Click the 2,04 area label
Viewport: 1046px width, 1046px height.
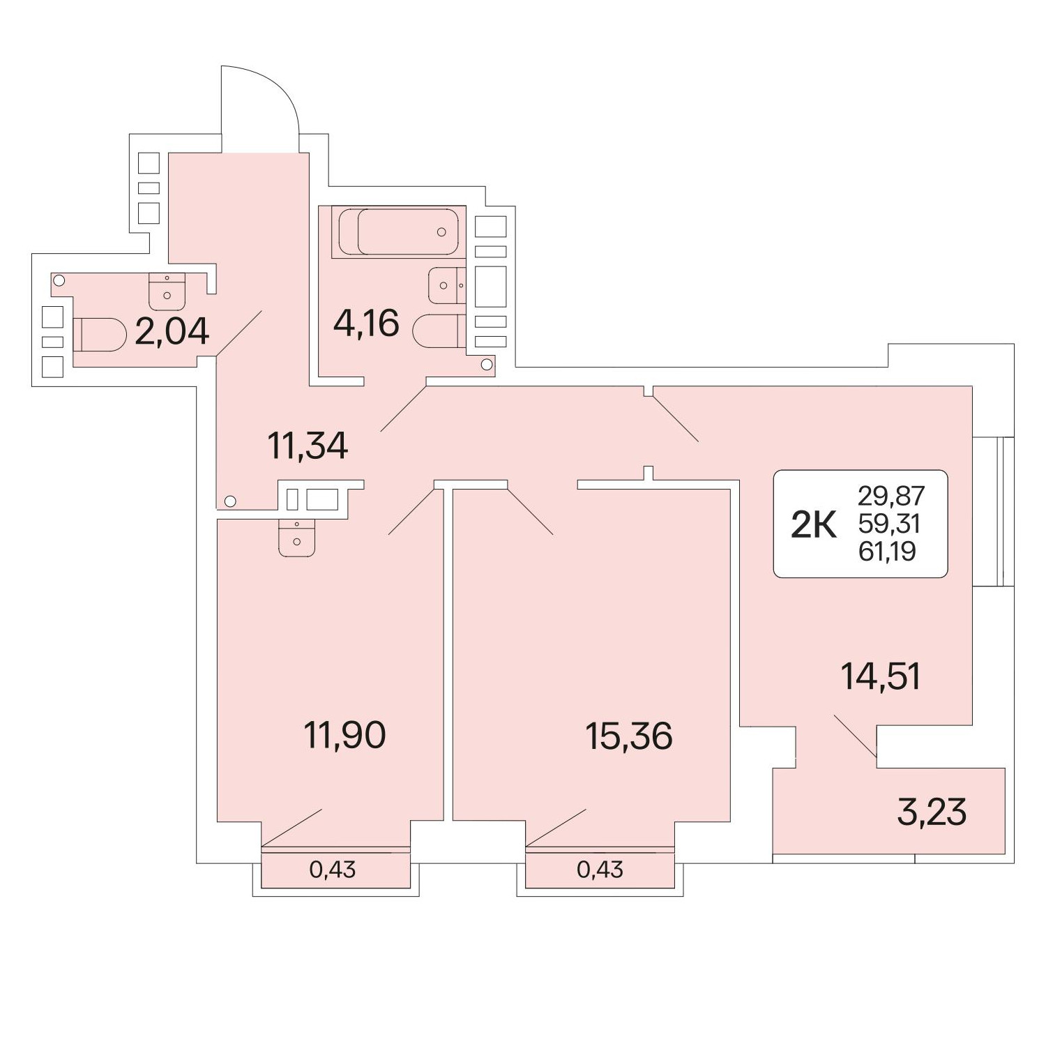(x=172, y=331)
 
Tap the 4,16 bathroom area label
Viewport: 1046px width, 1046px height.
(x=366, y=324)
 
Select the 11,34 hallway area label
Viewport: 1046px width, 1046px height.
(x=308, y=445)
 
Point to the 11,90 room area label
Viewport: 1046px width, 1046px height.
(x=344, y=735)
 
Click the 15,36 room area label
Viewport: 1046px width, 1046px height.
(x=629, y=736)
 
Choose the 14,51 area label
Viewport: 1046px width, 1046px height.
(x=881, y=676)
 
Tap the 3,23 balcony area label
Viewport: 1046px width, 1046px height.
(x=932, y=812)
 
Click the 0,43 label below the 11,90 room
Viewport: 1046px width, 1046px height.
(x=333, y=870)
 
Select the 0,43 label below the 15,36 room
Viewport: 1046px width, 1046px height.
(x=600, y=870)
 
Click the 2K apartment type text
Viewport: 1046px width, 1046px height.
(x=813, y=524)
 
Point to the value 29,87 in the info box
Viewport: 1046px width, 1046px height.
(x=891, y=496)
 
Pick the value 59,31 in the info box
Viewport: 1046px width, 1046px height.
(x=890, y=523)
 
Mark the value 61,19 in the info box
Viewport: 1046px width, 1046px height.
(x=887, y=551)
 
